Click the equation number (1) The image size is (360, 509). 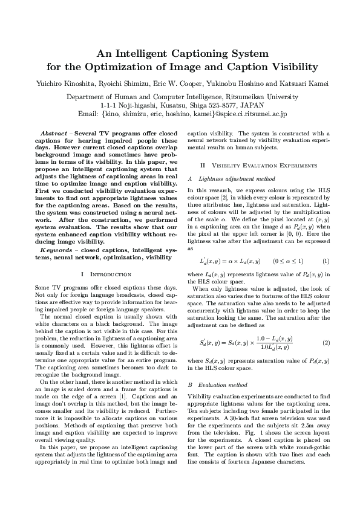(326, 261)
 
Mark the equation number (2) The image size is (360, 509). (326, 343)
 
